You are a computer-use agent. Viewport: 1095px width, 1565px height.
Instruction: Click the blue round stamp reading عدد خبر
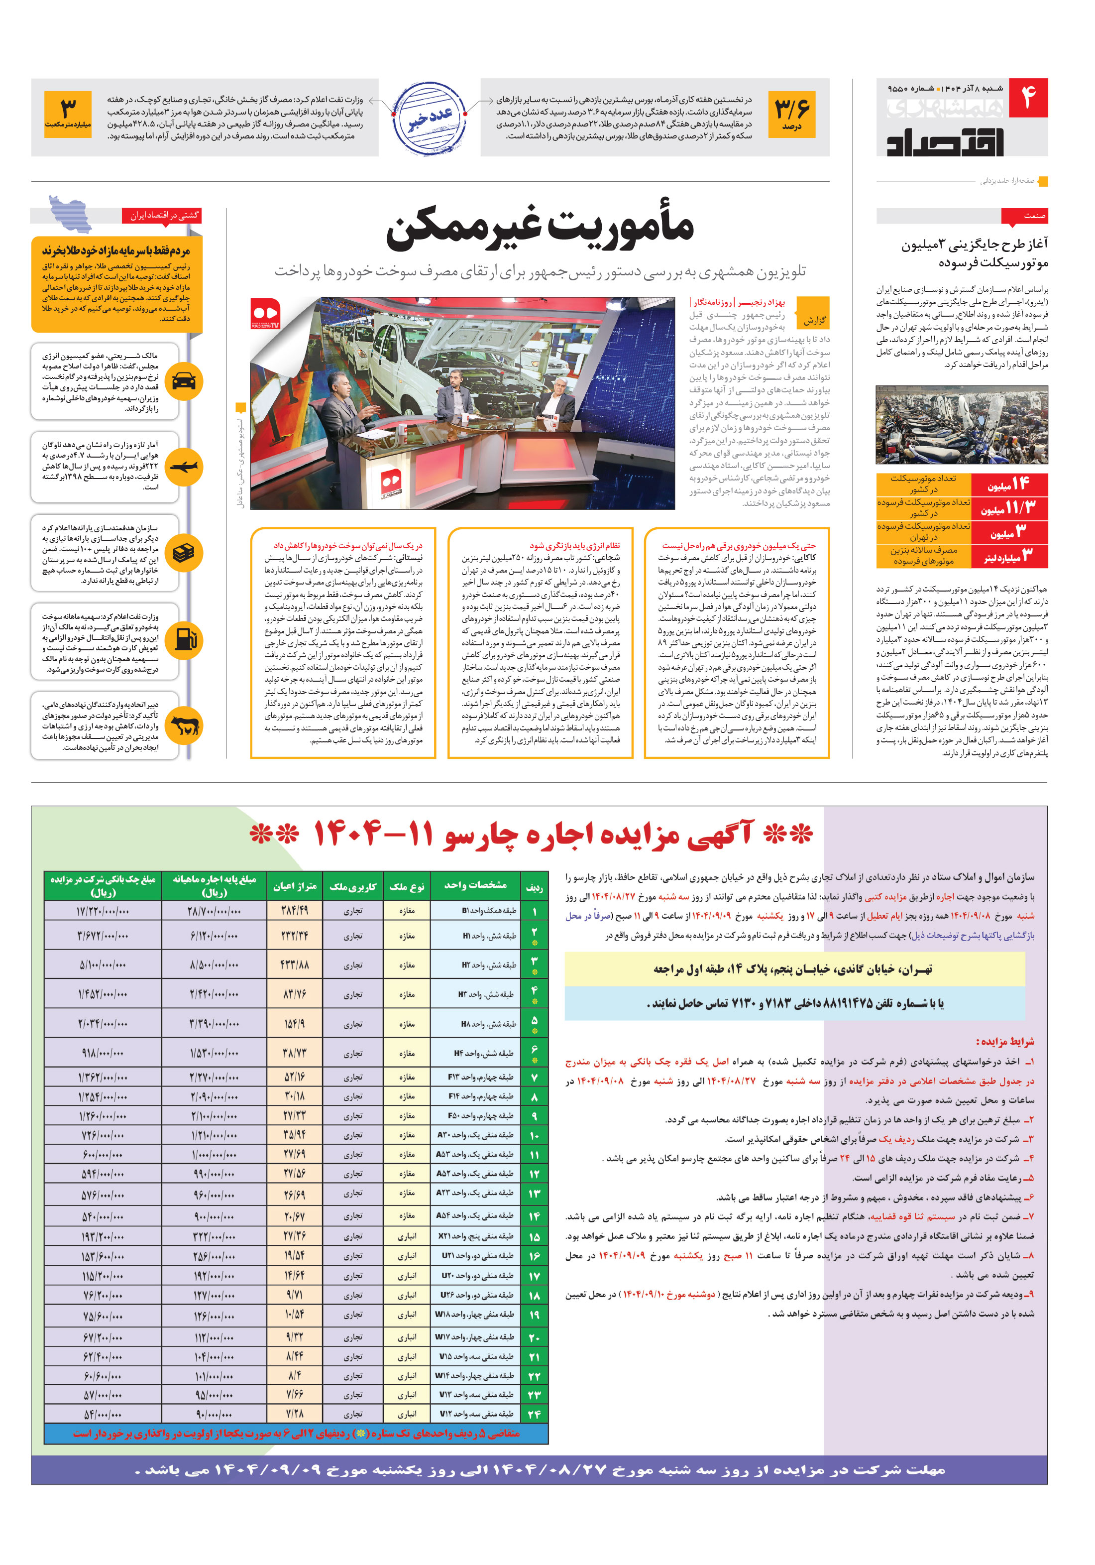(430, 117)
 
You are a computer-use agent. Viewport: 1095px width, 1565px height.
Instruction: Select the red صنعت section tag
(1024, 216)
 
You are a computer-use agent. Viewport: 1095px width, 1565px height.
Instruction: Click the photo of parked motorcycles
(962, 425)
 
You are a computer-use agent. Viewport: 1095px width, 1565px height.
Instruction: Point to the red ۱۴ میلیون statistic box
(1008, 484)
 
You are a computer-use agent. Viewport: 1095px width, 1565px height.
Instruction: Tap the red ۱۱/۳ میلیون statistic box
(1008, 508)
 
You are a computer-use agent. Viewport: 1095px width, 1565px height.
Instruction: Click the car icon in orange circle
(184, 381)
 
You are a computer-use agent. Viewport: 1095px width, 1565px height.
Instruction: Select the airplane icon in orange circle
(184, 467)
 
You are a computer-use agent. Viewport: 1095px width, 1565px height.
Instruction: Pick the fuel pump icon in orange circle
(184, 639)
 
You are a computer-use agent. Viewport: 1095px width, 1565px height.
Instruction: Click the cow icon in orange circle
(184, 726)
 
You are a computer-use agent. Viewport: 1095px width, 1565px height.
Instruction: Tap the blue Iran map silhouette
(70, 213)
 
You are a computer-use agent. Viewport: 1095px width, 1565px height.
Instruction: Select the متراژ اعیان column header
(294, 886)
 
